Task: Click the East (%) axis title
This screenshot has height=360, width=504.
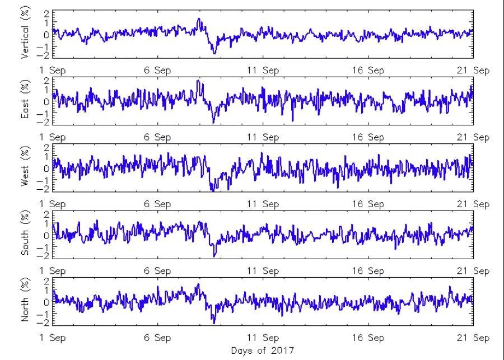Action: pos(25,101)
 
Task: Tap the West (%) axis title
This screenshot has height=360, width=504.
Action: pos(25,168)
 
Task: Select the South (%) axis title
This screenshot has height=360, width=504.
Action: pos(25,235)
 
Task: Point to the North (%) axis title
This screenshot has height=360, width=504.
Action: pos(25,301)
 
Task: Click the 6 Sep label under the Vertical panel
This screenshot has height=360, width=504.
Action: pos(158,71)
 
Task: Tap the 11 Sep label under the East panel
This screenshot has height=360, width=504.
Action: pos(263,137)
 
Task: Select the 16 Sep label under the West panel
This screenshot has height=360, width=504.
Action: pos(368,204)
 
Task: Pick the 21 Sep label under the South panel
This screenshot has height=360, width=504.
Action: pos(473,271)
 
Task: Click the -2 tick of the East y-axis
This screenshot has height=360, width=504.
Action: pos(45,122)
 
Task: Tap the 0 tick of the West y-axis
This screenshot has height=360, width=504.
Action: pos(46,168)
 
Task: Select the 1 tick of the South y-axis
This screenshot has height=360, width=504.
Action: pos(46,224)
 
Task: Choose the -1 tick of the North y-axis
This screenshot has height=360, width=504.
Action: pos(45,312)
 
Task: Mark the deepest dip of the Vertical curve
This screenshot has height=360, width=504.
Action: pos(214,54)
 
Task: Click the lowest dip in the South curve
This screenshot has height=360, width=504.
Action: pos(214,256)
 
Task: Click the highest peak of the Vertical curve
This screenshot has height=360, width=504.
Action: pos(199,18)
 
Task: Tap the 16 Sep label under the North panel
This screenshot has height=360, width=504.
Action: pos(368,338)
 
